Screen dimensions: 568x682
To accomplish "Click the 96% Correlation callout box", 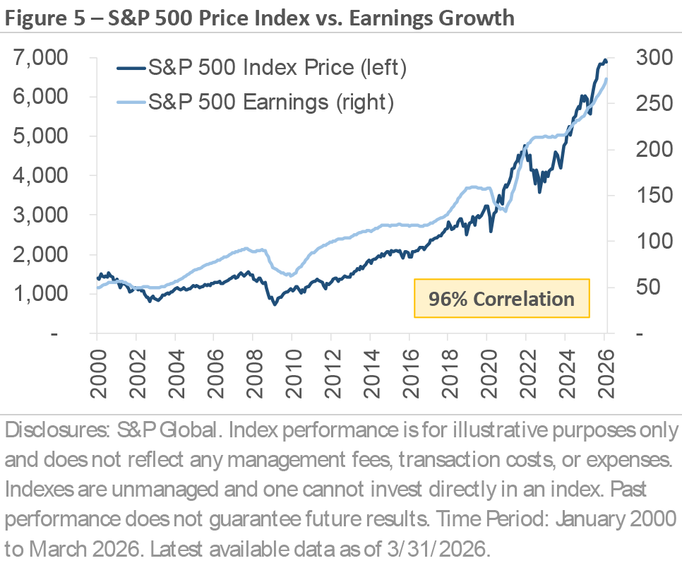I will (502, 298).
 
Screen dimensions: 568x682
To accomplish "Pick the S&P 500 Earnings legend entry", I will (269, 102).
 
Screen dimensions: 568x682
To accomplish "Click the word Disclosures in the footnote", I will (49, 430).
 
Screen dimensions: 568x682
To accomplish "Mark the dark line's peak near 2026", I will (604, 60).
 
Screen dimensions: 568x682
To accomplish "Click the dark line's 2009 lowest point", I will (275, 303).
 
